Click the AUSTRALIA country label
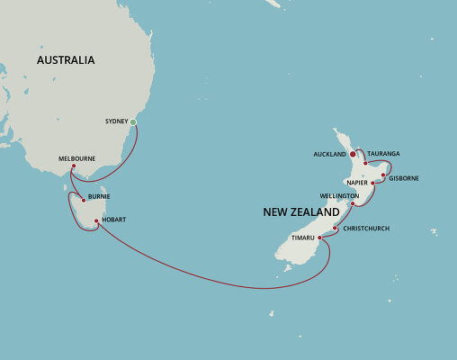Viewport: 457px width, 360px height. (66, 60)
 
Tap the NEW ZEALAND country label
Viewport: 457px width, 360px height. (301, 212)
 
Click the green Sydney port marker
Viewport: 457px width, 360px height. (133, 121)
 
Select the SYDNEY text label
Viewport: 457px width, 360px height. (116, 121)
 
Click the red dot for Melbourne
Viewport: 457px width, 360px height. (73, 166)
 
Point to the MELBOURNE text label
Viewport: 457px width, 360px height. (76, 157)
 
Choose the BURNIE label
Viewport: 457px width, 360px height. (99, 195)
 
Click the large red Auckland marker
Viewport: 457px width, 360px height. (353, 155)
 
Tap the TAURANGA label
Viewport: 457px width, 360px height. (381, 154)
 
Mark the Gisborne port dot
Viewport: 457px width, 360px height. (383, 175)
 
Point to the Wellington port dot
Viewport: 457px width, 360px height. (353, 204)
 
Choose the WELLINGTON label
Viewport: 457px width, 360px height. (339, 195)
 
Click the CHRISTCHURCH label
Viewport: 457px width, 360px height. (366, 229)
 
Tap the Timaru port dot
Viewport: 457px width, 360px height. (319, 238)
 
